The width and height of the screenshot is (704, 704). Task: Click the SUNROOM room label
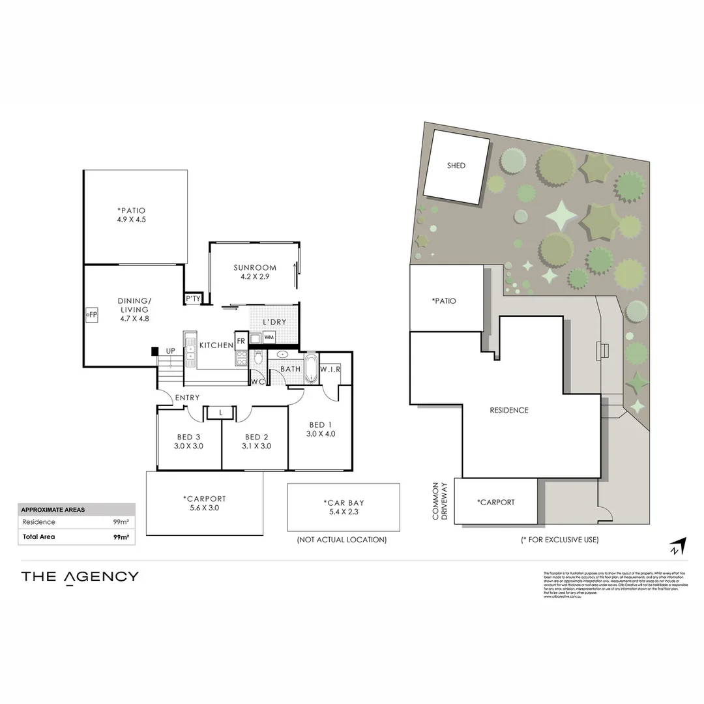tap(255, 267)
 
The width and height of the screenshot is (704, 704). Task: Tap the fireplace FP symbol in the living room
tap(92, 314)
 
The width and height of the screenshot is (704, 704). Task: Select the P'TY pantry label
tap(193, 299)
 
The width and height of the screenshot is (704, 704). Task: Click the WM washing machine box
tap(269, 337)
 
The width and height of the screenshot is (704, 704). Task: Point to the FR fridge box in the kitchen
tap(241, 341)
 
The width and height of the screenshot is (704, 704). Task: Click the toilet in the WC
tap(258, 358)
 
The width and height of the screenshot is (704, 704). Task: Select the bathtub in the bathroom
tap(310, 370)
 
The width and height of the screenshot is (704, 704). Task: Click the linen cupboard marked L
tap(222, 412)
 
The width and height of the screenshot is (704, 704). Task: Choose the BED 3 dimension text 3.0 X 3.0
tap(189, 447)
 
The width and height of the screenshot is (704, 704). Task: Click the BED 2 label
tap(257, 437)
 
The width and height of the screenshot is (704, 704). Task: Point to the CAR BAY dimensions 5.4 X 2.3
tap(343, 512)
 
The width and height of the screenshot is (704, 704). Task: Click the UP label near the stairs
tap(171, 351)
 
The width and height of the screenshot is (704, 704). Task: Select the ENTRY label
tap(186, 398)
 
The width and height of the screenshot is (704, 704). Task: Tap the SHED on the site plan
tap(456, 166)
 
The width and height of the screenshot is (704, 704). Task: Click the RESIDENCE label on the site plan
tap(509, 410)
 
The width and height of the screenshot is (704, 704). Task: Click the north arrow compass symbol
tap(678, 545)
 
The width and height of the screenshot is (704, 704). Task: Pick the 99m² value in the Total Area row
tap(121, 537)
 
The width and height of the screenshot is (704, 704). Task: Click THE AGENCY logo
tap(80, 576)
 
